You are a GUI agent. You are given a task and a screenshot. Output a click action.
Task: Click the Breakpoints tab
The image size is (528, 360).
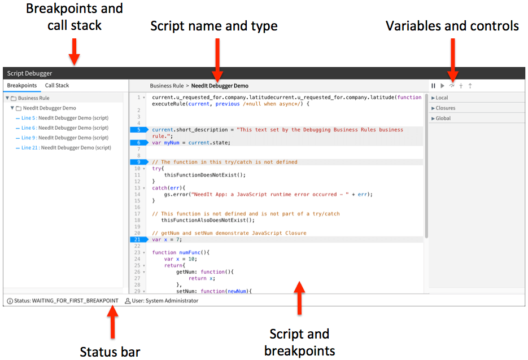22,86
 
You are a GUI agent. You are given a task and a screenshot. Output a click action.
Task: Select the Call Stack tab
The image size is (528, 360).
57,86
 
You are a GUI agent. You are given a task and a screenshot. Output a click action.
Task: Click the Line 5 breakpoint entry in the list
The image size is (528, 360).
65,118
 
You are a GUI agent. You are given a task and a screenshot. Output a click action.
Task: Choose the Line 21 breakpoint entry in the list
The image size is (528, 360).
66,148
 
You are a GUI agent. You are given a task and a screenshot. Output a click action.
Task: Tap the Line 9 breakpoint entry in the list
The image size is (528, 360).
65,138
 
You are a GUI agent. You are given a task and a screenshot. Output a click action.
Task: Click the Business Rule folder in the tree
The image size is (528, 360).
33,98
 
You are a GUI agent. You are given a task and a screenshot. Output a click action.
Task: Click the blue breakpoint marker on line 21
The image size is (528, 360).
138,239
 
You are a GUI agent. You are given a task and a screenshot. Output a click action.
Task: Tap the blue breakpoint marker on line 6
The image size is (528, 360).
138,143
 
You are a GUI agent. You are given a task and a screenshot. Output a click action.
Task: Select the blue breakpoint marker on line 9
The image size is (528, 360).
138,162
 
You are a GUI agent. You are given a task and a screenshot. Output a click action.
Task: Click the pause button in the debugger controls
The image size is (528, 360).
434,86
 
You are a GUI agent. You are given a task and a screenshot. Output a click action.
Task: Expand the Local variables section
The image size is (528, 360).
442,98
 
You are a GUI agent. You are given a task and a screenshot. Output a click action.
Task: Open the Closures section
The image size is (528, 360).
444,108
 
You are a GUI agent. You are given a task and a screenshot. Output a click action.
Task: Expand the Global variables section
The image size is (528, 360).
443,118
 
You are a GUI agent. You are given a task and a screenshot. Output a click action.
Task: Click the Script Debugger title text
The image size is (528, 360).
30,73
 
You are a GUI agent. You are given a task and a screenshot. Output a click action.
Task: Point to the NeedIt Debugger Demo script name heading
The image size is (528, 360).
220,86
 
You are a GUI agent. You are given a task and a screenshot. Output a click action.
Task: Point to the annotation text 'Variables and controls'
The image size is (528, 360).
452,26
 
